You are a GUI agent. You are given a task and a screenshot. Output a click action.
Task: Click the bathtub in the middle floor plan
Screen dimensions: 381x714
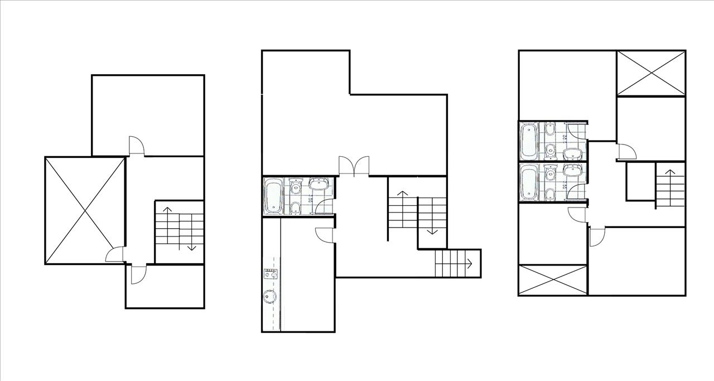pyautogui.click(x=273, y=196)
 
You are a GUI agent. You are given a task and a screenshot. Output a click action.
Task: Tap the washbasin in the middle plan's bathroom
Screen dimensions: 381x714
pyautogui.click(x=320, y=184)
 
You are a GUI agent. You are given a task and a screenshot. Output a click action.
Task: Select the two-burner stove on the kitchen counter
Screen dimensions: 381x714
pyautogui.click(x=271, y=273)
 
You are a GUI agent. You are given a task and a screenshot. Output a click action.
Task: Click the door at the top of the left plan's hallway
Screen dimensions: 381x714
pyautogui.click(x=137, y=146)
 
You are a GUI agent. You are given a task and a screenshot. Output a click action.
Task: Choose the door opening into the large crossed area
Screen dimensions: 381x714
pyautogui.click(x=115, y=254)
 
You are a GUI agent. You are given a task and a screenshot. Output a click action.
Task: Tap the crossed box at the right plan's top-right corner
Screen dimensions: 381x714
pyautogui.click(x=650, y=73)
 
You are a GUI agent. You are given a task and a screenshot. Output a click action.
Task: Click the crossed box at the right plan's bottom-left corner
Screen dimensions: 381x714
pyautogui.click(x=553, y=280)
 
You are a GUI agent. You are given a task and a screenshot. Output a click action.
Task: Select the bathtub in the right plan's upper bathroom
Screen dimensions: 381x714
pyautogui.click(x=528, y=141)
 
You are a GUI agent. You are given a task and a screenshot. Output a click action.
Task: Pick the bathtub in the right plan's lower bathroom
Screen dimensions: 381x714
pyautogui.click(x=528, y=182)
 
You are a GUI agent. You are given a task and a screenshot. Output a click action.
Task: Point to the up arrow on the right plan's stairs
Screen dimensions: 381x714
pyautogui.click(x=669, y=176)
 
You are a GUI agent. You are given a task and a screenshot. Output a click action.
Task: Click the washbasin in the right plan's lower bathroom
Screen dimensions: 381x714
pyautogui.click(x=572, y=171)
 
